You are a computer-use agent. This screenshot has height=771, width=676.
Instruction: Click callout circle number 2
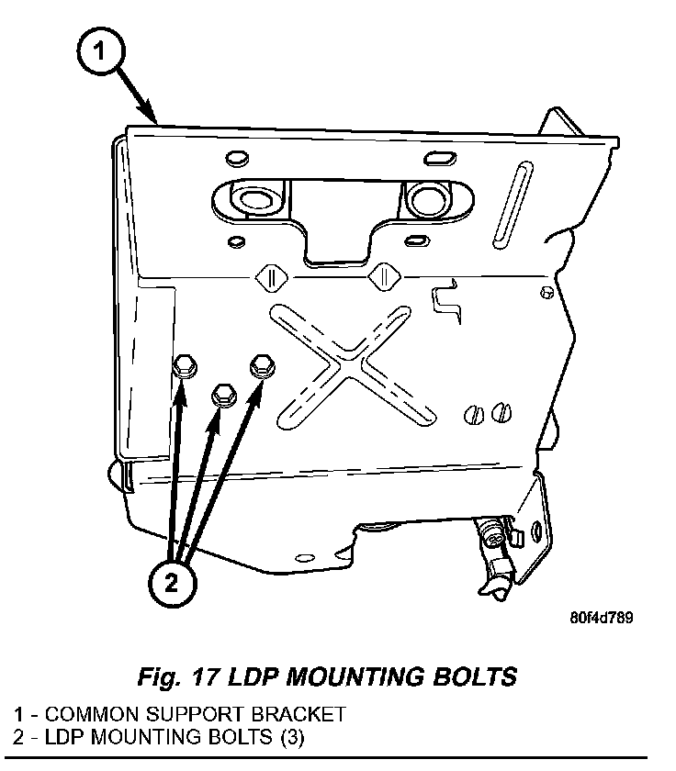(x=174, y=581)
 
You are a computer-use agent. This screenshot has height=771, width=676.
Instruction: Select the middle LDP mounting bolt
(x=223, y=397)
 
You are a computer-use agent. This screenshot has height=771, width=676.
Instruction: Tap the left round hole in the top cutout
(x=247, y=197)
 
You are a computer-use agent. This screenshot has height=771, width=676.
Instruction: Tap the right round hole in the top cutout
(x=425, y=196)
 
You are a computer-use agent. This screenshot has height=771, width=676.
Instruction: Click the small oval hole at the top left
(x=232, y=155)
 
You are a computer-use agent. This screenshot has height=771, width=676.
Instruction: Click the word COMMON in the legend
(x=90, y=713)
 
